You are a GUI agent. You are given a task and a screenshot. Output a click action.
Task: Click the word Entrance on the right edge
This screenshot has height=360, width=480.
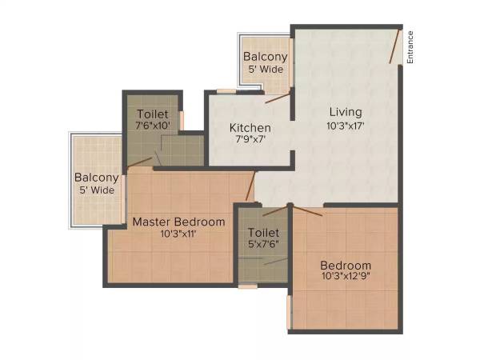[410, 47]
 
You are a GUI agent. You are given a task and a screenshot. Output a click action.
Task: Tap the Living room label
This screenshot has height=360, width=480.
[346, 112]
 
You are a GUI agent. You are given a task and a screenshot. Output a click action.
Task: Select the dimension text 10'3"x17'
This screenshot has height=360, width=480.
[346, 126]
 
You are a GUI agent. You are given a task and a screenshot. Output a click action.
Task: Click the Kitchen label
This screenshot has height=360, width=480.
[250, 128]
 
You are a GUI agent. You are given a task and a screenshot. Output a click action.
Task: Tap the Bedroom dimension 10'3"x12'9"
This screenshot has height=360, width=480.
[346, 278]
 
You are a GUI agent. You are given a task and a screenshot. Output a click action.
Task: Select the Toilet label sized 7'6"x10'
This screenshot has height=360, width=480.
[152, 114]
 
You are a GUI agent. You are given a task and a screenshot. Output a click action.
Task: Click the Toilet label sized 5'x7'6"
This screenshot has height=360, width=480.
[263, 234]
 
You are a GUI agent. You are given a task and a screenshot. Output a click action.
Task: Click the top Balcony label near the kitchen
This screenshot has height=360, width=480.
[265, 57]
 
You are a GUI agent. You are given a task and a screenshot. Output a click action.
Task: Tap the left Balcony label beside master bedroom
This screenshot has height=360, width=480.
[96, 177]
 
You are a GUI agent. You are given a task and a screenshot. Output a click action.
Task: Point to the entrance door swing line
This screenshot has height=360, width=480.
[393, 46]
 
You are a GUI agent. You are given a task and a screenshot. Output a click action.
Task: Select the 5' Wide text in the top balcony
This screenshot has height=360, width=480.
[265, 70]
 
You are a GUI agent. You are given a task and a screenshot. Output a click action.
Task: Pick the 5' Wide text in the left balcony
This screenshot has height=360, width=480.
[96, 190]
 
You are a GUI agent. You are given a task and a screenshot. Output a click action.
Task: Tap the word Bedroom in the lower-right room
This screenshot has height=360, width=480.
[346, 266]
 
